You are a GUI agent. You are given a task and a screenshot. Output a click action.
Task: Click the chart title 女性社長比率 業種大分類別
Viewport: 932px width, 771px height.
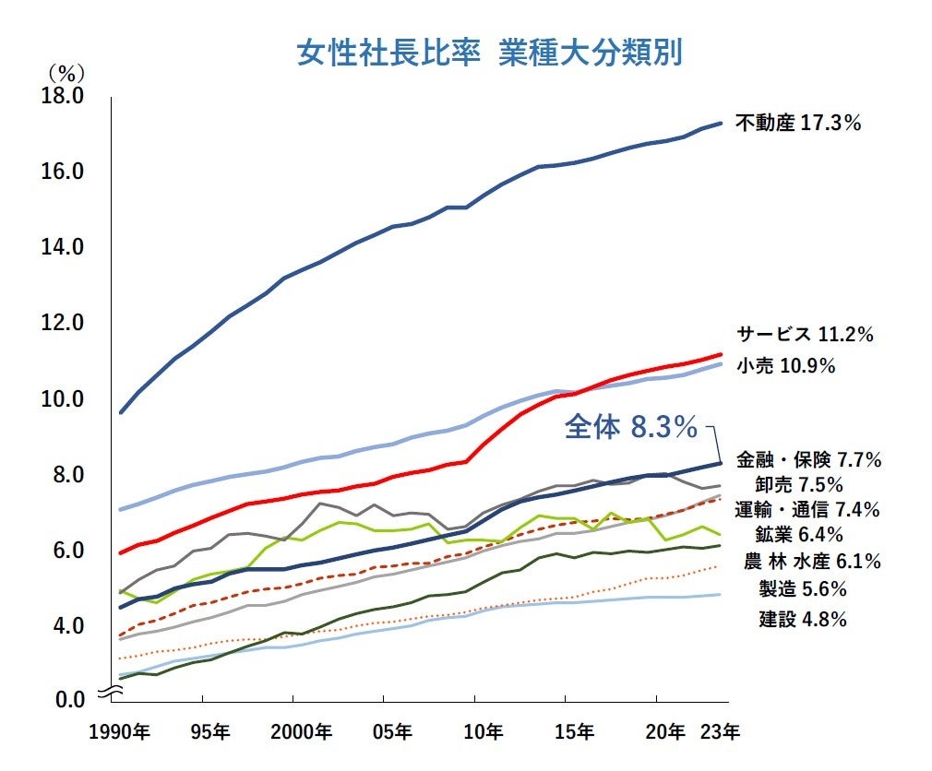point(488,53)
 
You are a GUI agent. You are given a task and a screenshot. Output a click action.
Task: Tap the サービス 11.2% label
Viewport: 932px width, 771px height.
point(804,335)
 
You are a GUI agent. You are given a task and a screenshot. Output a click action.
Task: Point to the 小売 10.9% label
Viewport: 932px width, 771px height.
point(785,366)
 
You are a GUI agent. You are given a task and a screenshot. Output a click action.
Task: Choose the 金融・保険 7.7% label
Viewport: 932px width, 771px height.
point(809,459)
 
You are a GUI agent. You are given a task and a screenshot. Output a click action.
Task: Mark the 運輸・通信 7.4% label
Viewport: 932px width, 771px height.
point(807,509)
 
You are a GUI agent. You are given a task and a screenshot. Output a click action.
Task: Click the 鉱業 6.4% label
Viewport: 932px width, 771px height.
point(800,534)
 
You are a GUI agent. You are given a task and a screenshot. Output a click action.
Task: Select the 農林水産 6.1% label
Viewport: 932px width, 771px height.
point(812,561)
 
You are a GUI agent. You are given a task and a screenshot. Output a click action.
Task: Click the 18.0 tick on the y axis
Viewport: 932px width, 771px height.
point(63,96)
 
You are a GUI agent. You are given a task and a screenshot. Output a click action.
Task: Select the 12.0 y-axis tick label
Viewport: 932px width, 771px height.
point(63,324)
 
